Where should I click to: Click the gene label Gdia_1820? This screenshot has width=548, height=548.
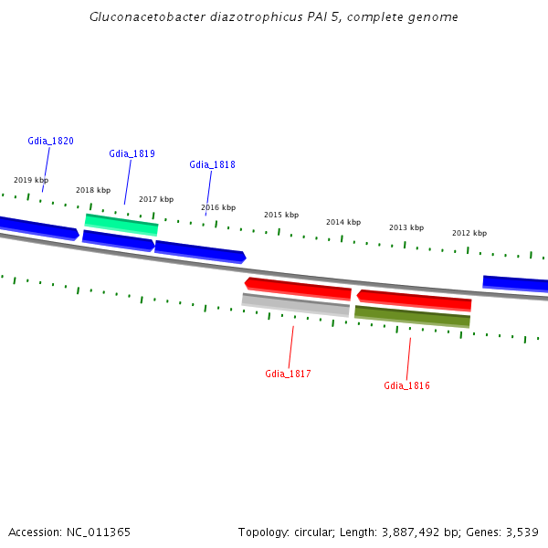[50, 142]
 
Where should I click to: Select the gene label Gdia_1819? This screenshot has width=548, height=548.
[132, 153]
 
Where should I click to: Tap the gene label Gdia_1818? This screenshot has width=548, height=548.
[212, 165]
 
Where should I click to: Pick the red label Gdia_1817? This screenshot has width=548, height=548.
[288, 374]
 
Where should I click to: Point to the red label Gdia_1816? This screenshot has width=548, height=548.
[406, 385]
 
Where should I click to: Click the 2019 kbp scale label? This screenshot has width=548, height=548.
[31, 180]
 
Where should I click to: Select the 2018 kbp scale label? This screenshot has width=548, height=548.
[93, 190]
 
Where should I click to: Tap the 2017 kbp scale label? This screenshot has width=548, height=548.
[156, 199]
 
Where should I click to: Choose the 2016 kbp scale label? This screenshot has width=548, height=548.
[218, 207]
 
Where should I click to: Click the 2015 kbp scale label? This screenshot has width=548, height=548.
[281, 215]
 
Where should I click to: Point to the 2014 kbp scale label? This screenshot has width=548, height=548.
[343, 222]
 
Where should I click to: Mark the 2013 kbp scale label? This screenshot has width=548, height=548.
[406, 227]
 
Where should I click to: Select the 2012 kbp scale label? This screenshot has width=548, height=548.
[469, 233]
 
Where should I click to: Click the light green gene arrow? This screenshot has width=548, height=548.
[121, 224]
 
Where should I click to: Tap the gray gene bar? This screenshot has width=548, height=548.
[295, 305]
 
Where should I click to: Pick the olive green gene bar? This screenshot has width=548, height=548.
[412, 317]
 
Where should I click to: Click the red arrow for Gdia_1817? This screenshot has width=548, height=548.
[298, 289]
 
